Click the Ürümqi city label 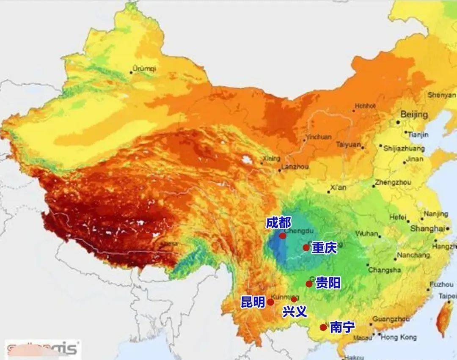tap(144, 68)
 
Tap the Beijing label tap(414, 115)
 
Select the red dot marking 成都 tap(283, 236)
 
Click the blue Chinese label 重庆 tap(325, 248)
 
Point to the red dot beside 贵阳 tap(309, 284)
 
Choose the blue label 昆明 tap(253, 302)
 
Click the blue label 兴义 tap(295, 312)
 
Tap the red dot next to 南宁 tap(323, 327)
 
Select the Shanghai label tap(427, 229)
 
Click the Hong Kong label tap(399, 337)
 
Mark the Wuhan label tap(367, 234)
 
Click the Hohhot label tap(365, 106)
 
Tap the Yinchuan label tap(318, 137)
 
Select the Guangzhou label tap(391, 319)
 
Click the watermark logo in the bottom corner tap(42, 349)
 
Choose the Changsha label tap(384, 270)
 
